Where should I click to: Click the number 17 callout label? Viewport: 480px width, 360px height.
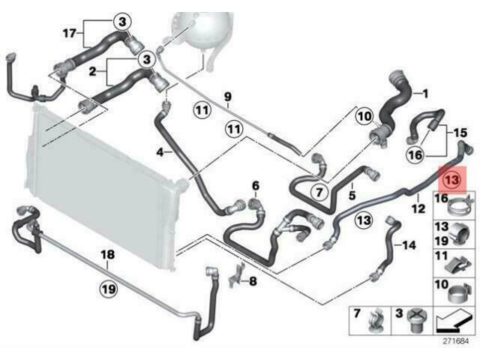[69, 33]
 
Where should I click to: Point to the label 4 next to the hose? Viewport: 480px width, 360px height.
[159, 152]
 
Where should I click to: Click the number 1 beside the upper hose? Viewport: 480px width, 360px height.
[424, 94]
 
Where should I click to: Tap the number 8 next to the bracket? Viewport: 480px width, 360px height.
[252, 282]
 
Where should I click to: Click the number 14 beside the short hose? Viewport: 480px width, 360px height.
[409, 244]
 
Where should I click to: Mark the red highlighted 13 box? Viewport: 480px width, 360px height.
[452, 180]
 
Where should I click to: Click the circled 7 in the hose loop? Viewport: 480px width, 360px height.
[319, 193]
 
